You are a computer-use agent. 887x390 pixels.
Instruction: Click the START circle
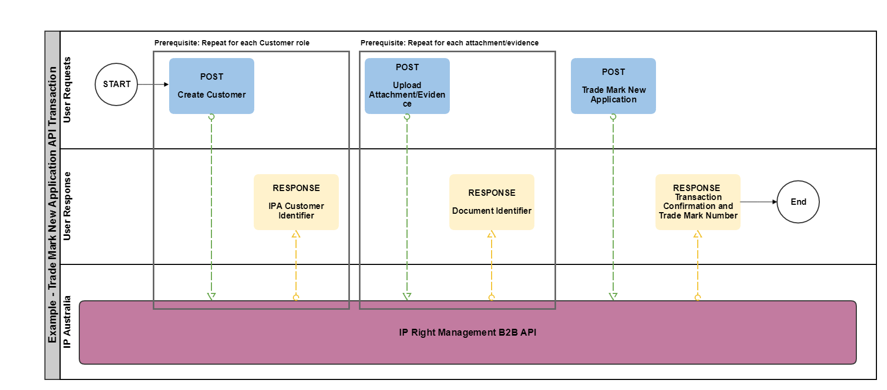(116, 84)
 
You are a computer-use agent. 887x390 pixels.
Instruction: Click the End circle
(798, 202)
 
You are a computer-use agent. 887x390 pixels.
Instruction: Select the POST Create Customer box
(211, 86)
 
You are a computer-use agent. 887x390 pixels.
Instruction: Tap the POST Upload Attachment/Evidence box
(407, 86)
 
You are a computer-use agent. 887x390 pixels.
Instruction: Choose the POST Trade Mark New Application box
(613, 86)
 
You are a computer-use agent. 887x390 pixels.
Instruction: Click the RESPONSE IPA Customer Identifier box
(296, 202)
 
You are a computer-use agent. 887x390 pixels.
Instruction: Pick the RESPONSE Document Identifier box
(492, 202)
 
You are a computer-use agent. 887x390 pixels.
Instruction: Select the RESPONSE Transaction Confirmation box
(698, 202)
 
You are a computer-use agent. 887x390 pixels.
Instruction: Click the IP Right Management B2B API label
(467, 332)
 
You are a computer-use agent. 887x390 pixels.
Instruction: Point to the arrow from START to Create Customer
(153, 84)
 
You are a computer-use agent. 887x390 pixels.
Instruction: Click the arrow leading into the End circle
(759, 202)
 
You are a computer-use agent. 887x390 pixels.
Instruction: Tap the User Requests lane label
(67, 90)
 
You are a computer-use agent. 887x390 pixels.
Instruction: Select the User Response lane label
(67, 206)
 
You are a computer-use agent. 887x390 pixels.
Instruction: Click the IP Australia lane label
(67, 321)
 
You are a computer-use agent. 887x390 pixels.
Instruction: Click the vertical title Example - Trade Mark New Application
(52, 205)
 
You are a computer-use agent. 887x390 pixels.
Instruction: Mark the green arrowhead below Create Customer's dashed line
(211, 296)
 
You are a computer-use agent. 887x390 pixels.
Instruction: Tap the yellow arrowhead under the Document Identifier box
(492, 234)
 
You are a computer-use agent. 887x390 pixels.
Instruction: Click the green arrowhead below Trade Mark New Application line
(613, 296)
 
